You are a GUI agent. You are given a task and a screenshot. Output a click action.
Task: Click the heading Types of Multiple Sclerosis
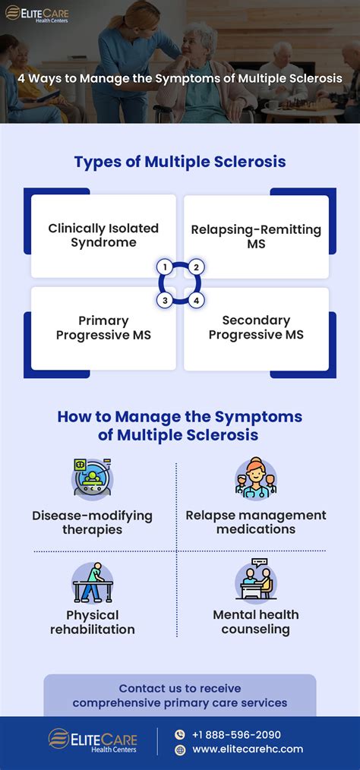point(179,162)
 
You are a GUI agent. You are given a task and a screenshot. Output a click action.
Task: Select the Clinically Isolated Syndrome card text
point(103,235)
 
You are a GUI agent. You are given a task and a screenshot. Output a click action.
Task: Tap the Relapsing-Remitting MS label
point(256,236)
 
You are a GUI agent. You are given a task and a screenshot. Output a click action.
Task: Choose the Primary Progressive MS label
point(103,327)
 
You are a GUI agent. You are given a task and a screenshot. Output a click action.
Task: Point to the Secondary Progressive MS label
point(256,327)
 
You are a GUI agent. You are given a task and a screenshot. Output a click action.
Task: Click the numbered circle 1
point(163,267)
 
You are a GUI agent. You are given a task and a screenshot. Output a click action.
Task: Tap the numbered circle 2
point(196,267)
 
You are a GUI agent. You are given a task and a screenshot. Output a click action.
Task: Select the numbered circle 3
point(163,301)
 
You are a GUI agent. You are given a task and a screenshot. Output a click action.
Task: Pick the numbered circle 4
point(196,301)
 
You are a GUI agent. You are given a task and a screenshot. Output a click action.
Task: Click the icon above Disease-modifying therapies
point(92,479)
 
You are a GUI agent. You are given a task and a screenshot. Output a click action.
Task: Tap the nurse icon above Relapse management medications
point(256,479)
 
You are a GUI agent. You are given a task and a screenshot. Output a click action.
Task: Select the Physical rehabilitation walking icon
point(92,582)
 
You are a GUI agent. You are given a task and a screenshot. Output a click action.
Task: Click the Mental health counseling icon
point(256,581)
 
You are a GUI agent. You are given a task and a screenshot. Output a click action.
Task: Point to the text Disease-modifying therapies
point(92,522)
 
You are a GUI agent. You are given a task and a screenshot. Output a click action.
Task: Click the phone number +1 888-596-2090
point(237,734)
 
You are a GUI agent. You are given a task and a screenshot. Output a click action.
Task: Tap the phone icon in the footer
point(180,734)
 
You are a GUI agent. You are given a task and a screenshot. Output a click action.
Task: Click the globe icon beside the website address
point(180,749)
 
